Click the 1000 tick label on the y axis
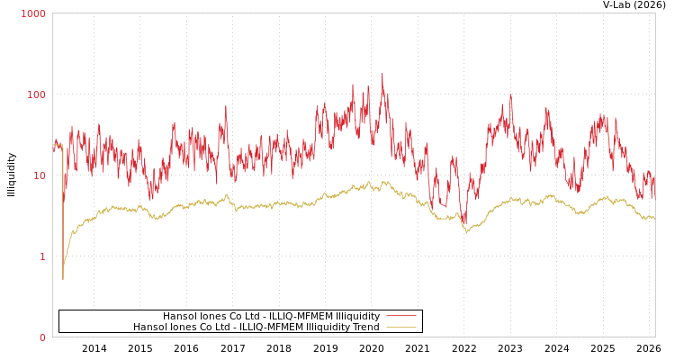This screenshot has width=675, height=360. click(33, 13)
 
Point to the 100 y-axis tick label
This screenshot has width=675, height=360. click(36, 94)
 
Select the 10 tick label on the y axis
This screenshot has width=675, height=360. click(39, 175)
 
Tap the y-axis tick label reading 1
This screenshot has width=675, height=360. click(41, 256)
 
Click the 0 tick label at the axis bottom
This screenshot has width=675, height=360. click(41, 337)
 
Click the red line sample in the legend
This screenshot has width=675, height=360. click(400, 316)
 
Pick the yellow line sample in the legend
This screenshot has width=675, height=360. click(400, 327)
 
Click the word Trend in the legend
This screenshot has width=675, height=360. click(365, 327)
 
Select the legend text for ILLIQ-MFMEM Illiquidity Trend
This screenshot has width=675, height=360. click(256, 327)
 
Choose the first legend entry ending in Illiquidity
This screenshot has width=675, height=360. click(271, 316)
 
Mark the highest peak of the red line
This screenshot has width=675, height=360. click(382, 74)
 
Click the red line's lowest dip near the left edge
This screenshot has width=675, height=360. click(63, 279)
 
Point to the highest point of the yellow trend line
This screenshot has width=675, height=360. click(383, 181)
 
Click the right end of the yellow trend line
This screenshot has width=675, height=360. click(654, 219)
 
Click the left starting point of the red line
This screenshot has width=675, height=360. click(53, 147)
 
